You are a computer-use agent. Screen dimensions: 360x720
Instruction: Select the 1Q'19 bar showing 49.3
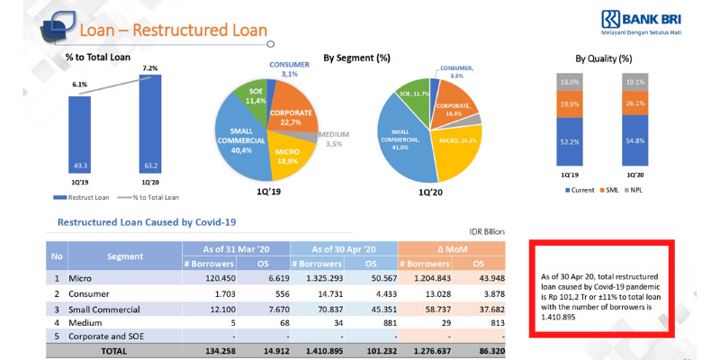pos(79,135)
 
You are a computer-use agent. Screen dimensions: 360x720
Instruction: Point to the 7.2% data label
pos(149,68)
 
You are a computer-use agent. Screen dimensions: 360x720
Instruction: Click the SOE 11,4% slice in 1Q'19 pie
pos(249,97)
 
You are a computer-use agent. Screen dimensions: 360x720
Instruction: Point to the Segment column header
pos(125,256)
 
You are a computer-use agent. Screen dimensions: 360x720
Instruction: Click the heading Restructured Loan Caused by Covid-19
pos(147,221)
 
